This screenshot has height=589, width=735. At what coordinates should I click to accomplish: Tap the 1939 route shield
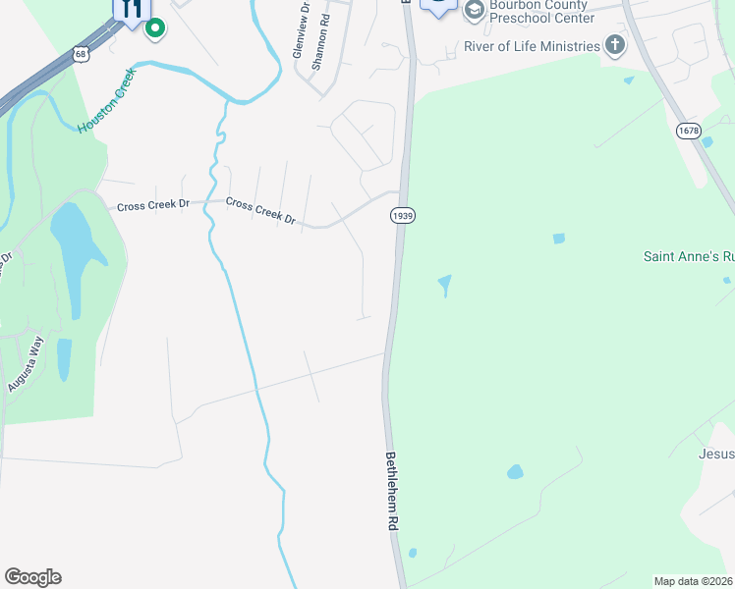click(x=400, y=215)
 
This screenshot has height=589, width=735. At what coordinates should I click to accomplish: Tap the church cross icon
click(x=615, y=44)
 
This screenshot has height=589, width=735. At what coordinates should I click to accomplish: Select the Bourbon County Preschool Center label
click(x=541, y=11)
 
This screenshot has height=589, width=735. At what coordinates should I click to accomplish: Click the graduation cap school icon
click(x=475, y=10)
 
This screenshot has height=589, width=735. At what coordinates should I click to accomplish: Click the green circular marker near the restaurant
click(x=154, y=27)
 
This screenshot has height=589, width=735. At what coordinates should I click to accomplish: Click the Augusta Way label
click(x=27, y=364)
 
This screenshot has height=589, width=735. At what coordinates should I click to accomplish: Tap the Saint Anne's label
click(x=688, y=256)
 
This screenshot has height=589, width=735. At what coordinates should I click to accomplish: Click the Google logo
click(x=32, y=576)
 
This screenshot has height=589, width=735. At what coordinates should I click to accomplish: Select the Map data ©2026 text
click(x=694, y=581)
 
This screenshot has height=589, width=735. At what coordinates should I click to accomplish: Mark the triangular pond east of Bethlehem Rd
click(x=445, y=285)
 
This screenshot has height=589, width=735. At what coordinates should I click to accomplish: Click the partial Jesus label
click(x=716, y=454)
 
